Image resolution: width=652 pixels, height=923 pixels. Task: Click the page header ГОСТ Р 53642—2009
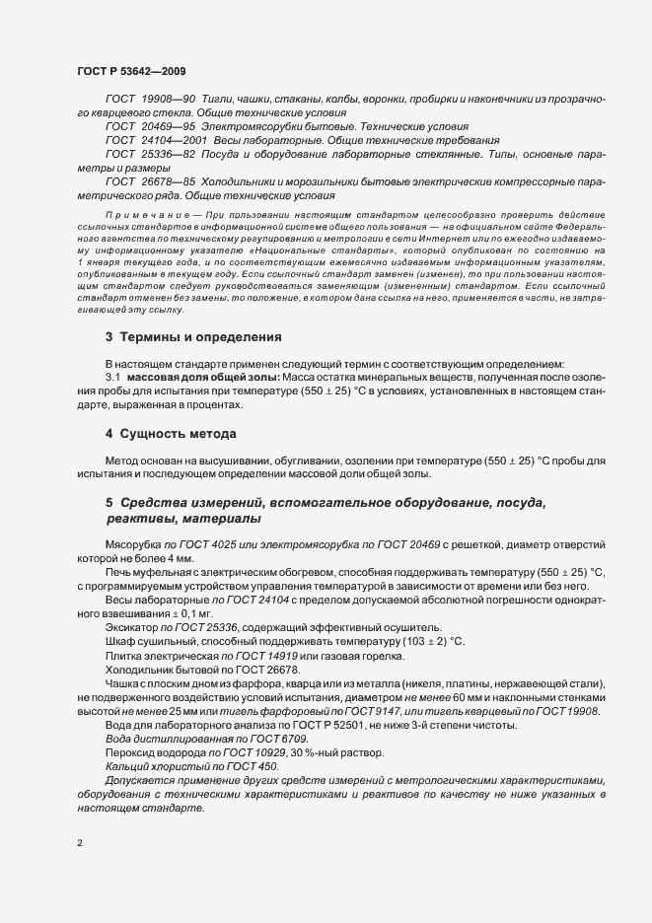point(130,72)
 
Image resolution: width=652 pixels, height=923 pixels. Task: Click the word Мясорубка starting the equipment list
point(133,545)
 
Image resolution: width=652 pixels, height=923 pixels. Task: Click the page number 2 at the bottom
point(80,845)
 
